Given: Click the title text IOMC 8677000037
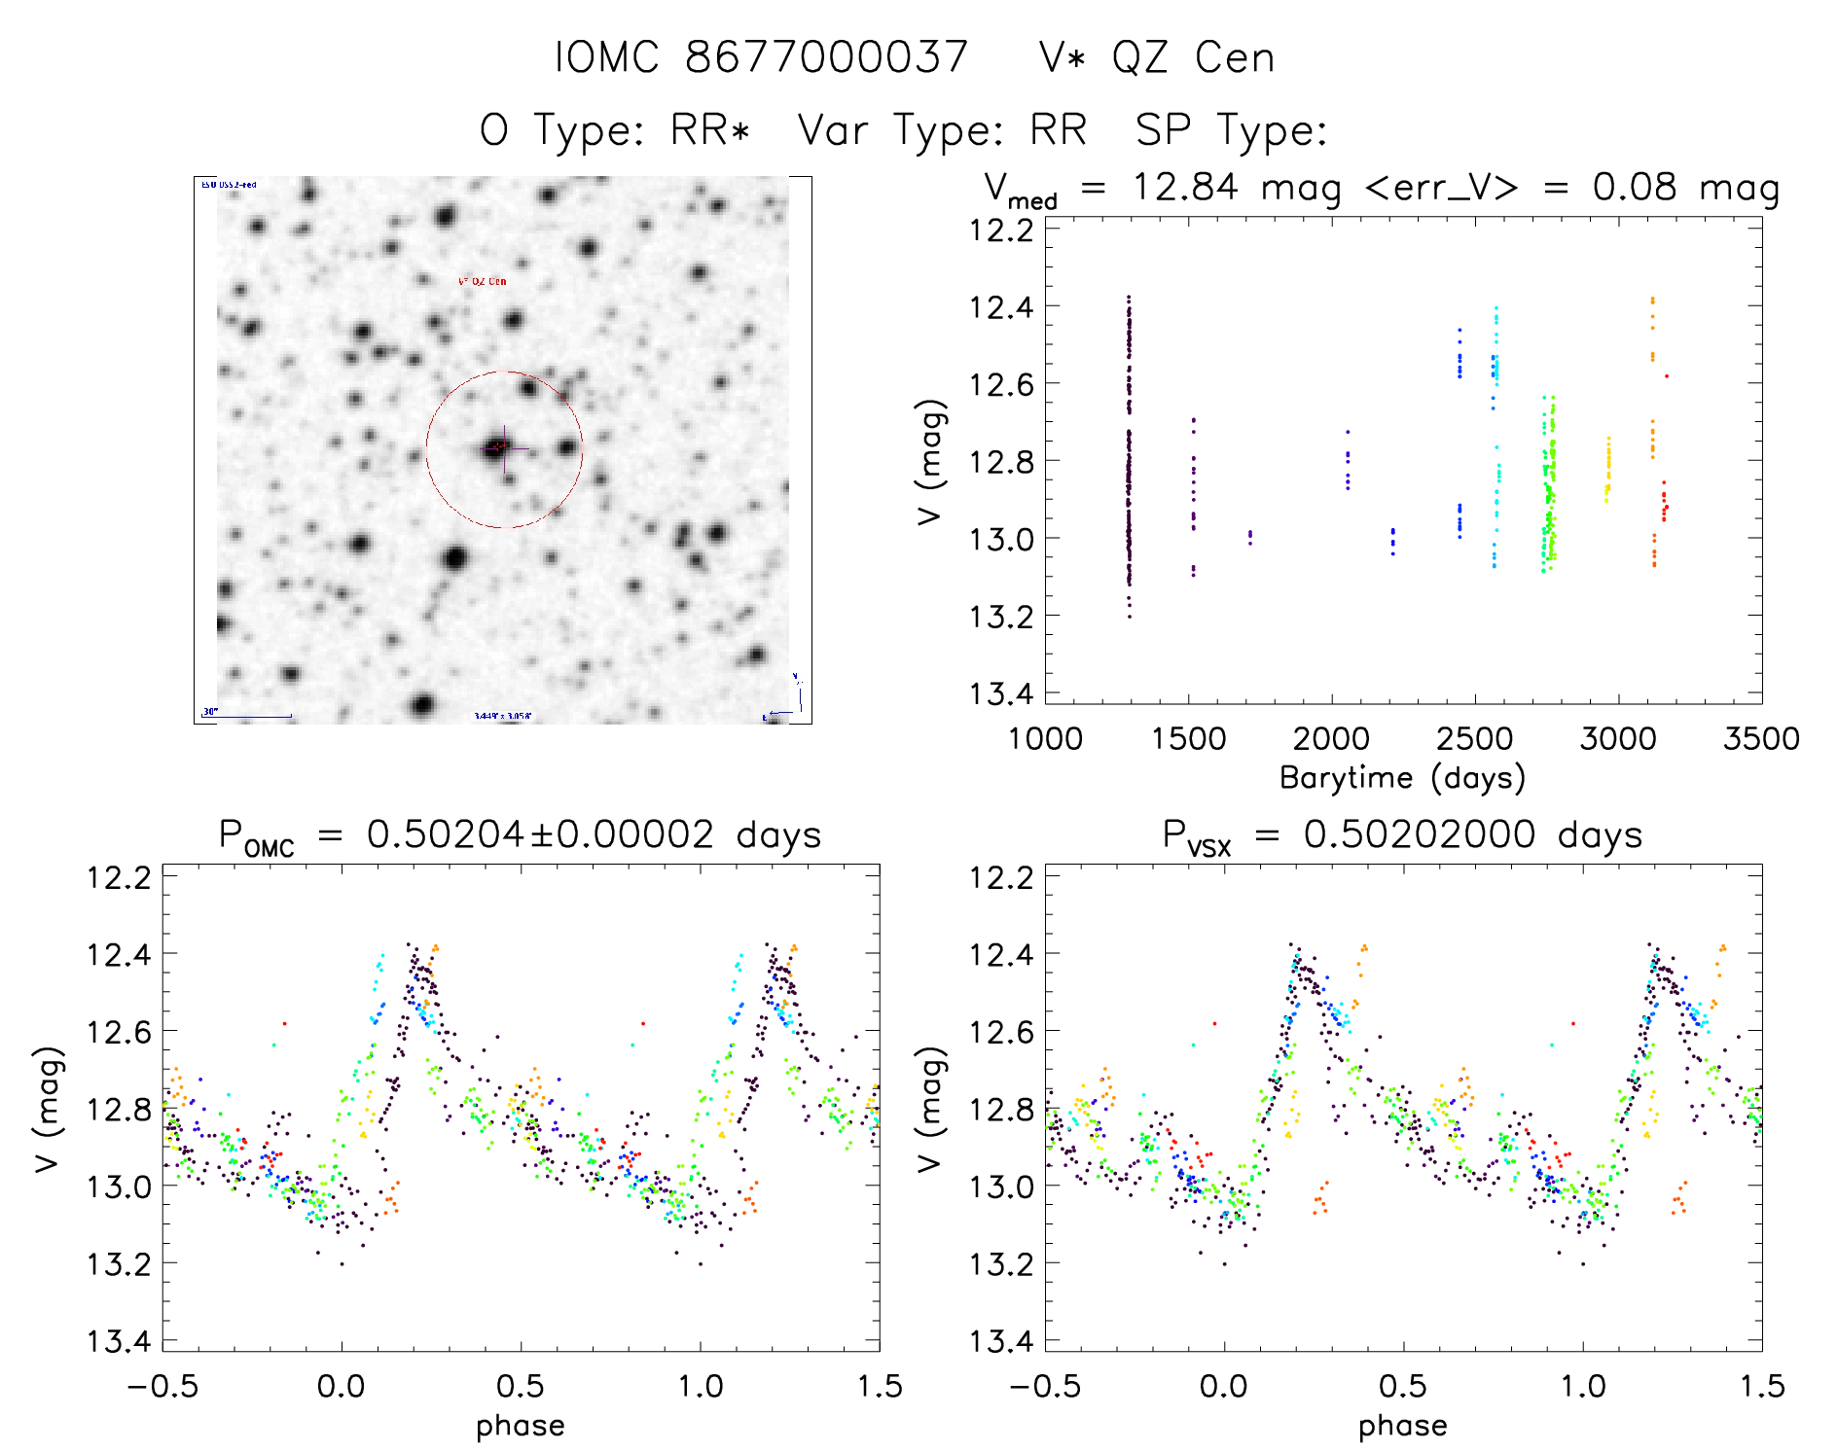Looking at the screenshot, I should [x=761, y=57].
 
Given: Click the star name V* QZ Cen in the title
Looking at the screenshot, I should [x=1156, y=57].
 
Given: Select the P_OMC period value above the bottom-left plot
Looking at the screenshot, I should [x=520, y=835].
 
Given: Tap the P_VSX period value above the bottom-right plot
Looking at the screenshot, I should [x=1402, y=835].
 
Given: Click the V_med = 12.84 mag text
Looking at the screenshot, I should [x=1163, y=188].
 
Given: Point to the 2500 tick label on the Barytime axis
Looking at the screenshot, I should [x=1474, y=739].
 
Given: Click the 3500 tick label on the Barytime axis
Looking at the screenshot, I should [x=1760, y=739].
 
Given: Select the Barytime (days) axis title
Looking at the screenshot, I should [x=1402, y=778].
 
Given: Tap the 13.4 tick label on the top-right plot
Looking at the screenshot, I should [x=1000, y=693].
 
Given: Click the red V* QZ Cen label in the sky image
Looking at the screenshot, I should [x=482, y=281].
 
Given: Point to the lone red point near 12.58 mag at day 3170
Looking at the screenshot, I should [x=1666, y=375].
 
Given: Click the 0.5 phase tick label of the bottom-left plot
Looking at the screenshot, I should [x=521, y=1386].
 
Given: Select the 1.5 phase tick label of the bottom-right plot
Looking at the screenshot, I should [x=1760, y=1386].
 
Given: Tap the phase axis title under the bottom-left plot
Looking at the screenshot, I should [x=520, y=1426].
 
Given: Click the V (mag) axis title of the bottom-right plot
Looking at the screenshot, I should [x=929, y=1109].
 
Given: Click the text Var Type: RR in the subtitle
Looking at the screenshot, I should [x=942, y=130].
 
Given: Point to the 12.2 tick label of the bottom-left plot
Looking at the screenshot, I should [x=119, y=877].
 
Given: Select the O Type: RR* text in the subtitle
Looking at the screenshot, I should [x=615, y=130].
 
